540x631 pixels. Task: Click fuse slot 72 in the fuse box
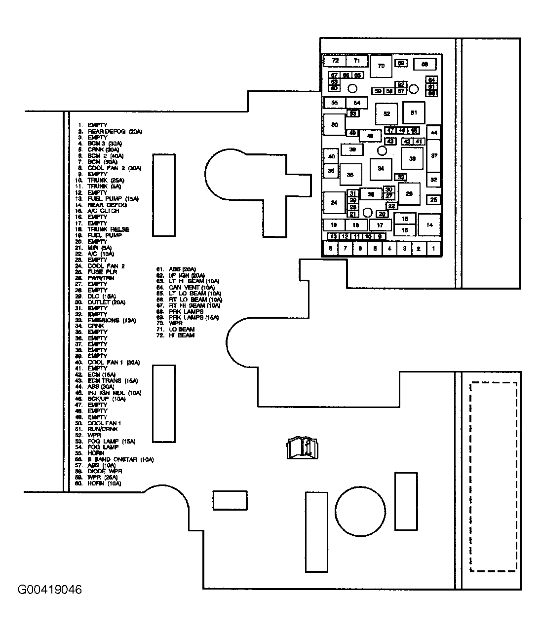pos(335,61)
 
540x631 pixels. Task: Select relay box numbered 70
pos(381,66)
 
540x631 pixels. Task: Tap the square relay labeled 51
pos(414,113)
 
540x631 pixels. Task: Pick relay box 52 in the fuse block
pos(386,114)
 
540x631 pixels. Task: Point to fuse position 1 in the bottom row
pos(433,249)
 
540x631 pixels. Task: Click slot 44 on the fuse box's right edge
pos(434,132)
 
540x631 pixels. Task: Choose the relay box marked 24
pos(334,203)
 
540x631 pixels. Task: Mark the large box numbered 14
pos(429,225)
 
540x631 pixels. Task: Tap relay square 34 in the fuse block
pos(381,169)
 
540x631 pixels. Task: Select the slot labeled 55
pos(335,103)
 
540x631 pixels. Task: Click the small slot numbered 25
pos(433,200)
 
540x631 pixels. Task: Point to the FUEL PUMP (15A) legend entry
pos(113,199)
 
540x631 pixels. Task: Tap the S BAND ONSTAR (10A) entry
pos(120,459)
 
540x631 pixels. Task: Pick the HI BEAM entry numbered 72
pos(181,335)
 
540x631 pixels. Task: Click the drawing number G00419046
pos(50,590)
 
